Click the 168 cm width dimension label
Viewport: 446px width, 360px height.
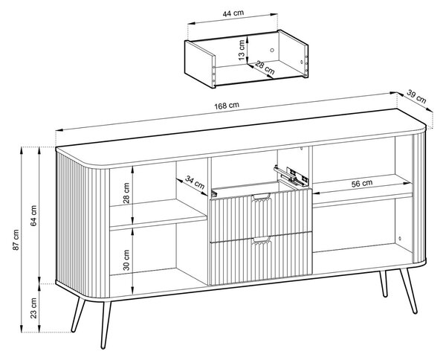pyautogui.click(x=227, y=106)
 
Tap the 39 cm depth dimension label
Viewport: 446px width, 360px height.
pyautogui.click(x=416, y=97)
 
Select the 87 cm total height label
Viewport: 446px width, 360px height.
pyautogui.click(x=16, y=240)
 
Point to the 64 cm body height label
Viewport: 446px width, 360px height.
pyautogui.click(x=33, y=216)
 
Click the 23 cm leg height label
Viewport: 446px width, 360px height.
pyautogui.click(x=33, y=308)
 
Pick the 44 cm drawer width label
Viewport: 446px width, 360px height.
pyautogui.click(x=233, y=13)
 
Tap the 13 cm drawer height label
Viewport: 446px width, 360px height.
pyautogui.click(x=242, y=50)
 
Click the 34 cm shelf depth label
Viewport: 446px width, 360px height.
pyautogui.click(x=195, y=182)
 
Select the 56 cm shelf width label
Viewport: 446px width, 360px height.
pyautogui.click(x=362, y=184)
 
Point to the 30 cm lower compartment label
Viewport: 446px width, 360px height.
pyautogui.click(x=126, y=260)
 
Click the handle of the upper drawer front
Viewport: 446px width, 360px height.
pyautogui.click(x=262, y=197)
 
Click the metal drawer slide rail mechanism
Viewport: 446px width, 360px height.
pyautogui.click(x=291, y=175)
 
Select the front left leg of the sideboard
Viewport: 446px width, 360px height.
pyautogui.click(x=106, y=324)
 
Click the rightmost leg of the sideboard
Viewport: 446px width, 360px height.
pyautogui.click(x=408, y=291)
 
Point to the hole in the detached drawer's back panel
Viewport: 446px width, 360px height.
pyautogui.click(x=272, y=51)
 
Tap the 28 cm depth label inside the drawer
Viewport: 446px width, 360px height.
pyautogui.click(x=265, y=68)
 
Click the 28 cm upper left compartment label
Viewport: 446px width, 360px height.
pyautogui.click(x=126, y=193)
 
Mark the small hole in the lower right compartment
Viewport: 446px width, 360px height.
pyautogui.click(x=399, y=238)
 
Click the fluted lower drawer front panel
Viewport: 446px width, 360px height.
pyautogui.click(x=262, y=259)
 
